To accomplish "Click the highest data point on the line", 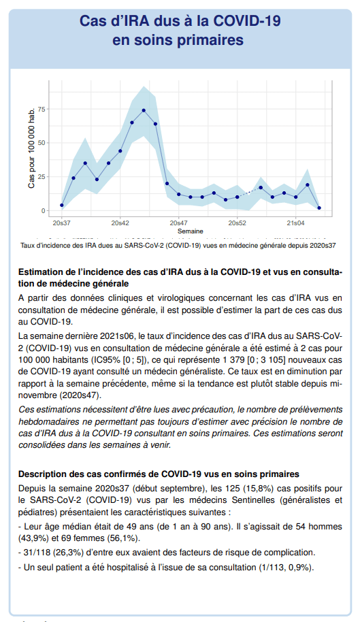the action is coord(144,110).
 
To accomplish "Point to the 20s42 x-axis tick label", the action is coord(120,223).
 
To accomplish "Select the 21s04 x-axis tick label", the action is coord(296,223).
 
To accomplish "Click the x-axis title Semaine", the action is coord(191,231).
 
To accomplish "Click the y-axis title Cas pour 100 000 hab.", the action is coord(31,147).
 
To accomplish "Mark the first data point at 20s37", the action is coord(61,205).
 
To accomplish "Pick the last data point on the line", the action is coord(319,208).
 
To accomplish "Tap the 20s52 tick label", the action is coord(237,223).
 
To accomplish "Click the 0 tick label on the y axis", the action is coord(44,211).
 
